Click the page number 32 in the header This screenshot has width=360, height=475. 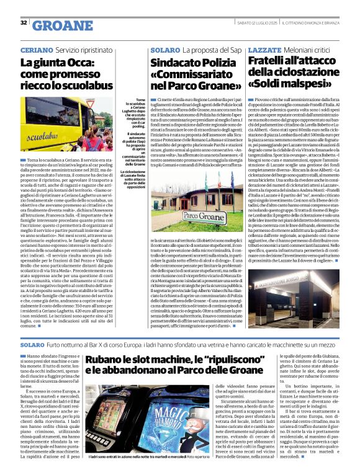point(24,23)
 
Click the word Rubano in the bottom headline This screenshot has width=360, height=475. point(122,362)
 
